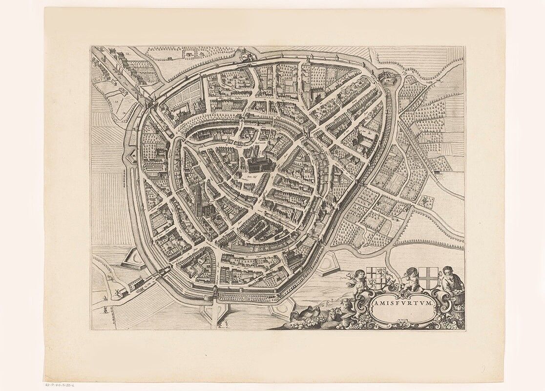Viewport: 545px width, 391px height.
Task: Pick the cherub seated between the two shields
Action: (x=410, y=278)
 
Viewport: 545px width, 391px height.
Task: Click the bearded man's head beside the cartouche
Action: (x=448, y=272)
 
